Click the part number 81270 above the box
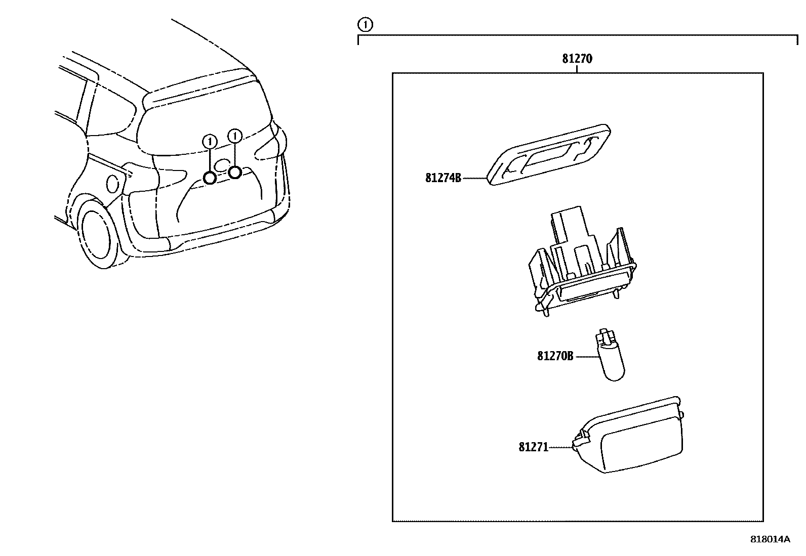pyautogui.click(x=577, y=59)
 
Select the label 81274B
pyautogui.click(x=443, y=178)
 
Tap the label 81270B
pyautogui.click(x=555, y=356)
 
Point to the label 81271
pyautogui.click(x=533, y=447)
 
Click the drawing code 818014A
pyautogui.click(x=770, y=539)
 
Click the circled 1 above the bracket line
pyautogui.click(x=365, y=24)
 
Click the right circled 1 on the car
pyautogui.click(x=234, y=136)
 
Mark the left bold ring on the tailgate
pyautogui.click(x=210, y=178)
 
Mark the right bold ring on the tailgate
pyautogui.click(x=234, y=173)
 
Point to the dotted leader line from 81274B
pyautogui.click(x=474, y=178)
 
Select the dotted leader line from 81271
pyautogui.click(x=560, y=447)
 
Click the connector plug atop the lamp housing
pyautogui.click(x=567, y=225)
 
